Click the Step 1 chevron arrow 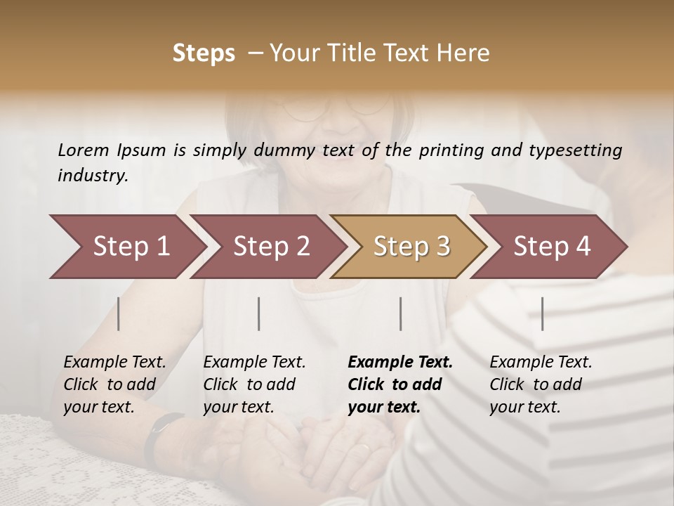[126, 247]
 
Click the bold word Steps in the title [204, 53]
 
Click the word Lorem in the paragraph [83, 150]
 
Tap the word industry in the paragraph [92, 176]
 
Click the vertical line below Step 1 [119, 313]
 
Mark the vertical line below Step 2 [259, 313]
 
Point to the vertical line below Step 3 [401, 313]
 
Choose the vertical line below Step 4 [543, 313]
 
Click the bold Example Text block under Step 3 [399, 384]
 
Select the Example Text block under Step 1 [114, 384]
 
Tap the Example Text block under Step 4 [540, 384]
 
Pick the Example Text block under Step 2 [254, 384]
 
